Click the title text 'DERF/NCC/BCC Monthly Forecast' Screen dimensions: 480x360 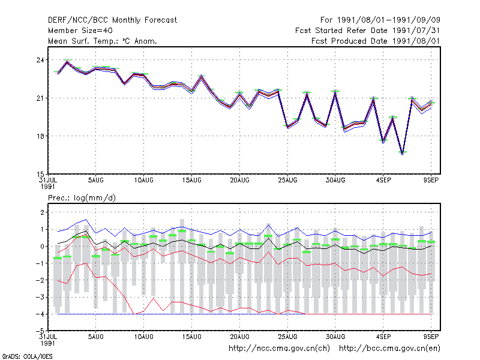pyautogui.click(x=112, y=20)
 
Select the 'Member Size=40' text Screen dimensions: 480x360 pyautogui.click(x=80, y=31)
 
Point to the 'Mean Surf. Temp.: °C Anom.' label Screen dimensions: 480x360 pyautogui.click(x=103, y=41)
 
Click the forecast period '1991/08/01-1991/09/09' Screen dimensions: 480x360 pyautogui.click(x=388, y=20)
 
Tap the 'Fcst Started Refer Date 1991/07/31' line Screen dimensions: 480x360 pyautogui.click(x=368, y=31)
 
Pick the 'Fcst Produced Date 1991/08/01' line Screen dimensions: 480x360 pyautogui.click(x=376, y=41)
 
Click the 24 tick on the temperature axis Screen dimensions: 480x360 pyautogui.click(x=40, y=60)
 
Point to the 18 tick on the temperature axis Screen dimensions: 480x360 pyautogui.click(x=40, y=136)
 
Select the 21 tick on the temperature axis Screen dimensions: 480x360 pyautogui.click(x=40, y=98)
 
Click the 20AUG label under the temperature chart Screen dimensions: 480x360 pyautogui.click(x=239, y=181)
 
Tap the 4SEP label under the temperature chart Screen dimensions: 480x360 pyautogui.click(x=383, y=181)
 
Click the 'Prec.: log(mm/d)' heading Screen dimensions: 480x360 pyautogui.click(x=82, y=198)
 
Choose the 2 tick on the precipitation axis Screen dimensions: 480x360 pyautogui.click(x=42, y=212)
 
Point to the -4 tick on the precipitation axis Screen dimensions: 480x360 pyautogui.click(x=40, y=314)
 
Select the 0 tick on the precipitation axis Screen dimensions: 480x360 pyautogui.click(x=42, y=247)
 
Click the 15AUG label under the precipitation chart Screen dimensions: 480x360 pyautogui.click(x=191, y=337)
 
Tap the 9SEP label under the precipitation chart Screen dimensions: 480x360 pyautogui.click(x=431, y=337)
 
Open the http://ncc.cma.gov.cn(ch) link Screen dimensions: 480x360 pyautogui.click(x=279, y=349)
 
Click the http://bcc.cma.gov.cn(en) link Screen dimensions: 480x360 pyautogui.click(x=389, y=349)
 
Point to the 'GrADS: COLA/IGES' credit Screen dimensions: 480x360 pyautogui.click(x=28, y=356)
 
